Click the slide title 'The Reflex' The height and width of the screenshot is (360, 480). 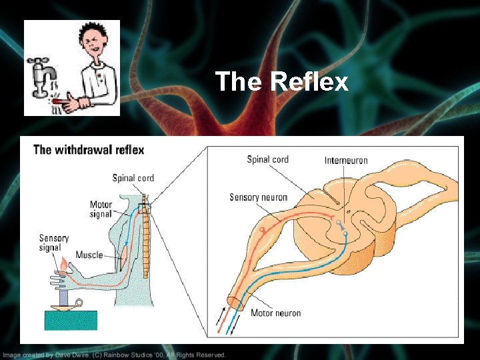click(x=282, y=82)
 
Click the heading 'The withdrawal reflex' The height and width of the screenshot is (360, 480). click(x=89, y=149)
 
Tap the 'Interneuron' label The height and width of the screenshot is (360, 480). click(x=346, y=161)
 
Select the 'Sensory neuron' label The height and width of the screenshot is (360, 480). click(x=258, y=197)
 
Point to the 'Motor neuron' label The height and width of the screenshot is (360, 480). click(x=275, y=313)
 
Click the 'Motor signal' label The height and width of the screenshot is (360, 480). click(x=101, y=209)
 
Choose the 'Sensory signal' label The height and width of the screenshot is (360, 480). click(x=54, y=243)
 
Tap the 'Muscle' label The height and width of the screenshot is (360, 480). click(x=89, y=255)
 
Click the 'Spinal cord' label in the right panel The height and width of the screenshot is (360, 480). click(x=267, y=159)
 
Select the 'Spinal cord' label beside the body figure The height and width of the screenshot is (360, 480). click(x=133, y=178)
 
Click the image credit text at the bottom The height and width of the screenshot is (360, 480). click(x=113, y=355)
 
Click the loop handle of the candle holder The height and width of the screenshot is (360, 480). click(x=79, y=304)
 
